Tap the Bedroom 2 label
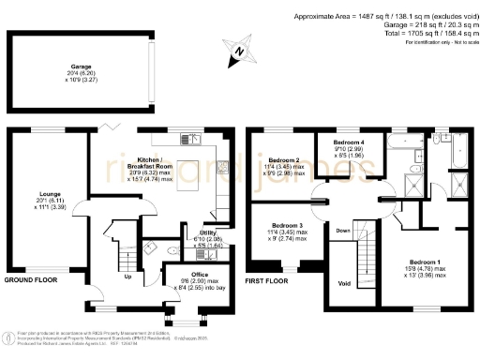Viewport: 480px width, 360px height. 284,160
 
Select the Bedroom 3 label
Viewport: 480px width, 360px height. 288,226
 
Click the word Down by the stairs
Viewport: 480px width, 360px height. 344,230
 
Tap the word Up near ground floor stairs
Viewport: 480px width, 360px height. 127,277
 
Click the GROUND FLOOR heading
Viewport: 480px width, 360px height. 30,280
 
